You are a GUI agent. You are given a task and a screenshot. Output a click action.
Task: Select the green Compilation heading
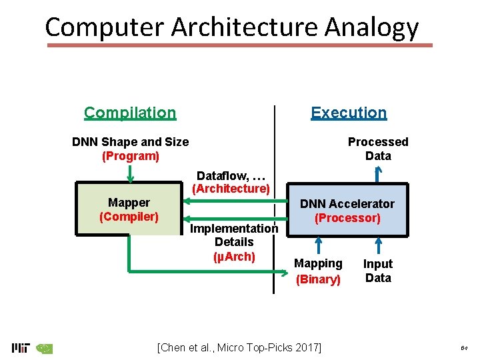click(130, 113)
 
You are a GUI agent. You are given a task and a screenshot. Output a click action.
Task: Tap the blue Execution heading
click(349, 113)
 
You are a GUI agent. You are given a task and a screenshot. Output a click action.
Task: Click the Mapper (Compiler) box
click(129, 209)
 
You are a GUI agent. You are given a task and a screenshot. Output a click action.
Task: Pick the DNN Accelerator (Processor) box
click(347, 211)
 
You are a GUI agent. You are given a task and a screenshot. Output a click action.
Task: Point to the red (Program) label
click(130, 156)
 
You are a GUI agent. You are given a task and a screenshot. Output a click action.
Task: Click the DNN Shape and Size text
click(130, 141)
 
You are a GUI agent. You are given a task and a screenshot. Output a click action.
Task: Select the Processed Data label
click(378, 149)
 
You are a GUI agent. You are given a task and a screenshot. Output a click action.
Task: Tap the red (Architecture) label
click(231, 189)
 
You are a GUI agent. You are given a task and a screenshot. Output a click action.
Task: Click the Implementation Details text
click(234, 235)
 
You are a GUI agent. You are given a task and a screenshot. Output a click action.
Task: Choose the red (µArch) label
click(234, 256)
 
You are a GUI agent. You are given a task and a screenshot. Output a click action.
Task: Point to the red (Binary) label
click(318, 279)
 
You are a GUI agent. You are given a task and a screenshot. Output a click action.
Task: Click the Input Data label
click(378, 271)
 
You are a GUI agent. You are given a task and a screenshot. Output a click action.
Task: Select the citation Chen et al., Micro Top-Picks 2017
click(239, 347)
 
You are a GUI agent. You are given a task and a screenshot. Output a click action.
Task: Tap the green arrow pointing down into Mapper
click(130, 173)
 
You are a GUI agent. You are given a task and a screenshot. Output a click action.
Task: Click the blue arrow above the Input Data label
click(378, 246)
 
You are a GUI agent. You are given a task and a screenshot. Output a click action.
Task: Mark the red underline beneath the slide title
click(240, 45)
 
